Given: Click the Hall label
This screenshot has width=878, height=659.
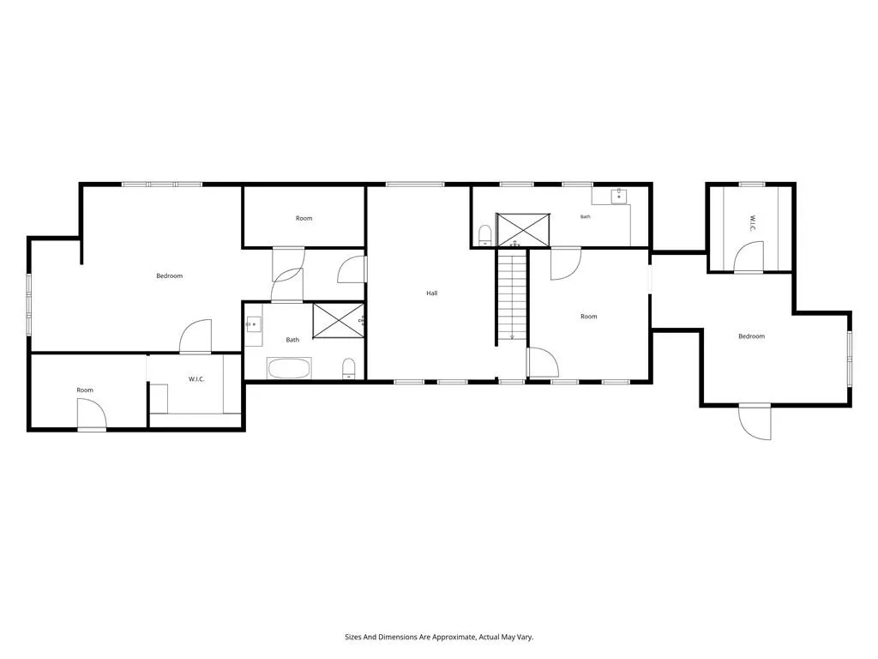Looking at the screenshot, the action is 432,293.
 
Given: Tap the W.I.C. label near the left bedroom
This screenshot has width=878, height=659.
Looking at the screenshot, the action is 196,379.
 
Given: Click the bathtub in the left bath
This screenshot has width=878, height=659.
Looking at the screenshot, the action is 289,369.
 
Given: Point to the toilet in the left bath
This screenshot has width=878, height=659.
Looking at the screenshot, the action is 349,368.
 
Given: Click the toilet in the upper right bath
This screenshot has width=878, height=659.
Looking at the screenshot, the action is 485,235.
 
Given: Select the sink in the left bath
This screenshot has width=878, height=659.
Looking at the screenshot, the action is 253,324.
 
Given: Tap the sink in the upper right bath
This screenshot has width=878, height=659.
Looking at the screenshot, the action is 619,196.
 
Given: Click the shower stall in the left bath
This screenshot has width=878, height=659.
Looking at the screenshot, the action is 338,321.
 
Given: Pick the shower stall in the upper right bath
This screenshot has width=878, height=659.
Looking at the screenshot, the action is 524,230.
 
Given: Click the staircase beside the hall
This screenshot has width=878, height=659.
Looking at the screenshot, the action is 513,295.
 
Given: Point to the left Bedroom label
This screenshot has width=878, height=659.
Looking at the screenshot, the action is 169,275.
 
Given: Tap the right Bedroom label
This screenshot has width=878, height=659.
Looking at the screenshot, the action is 751,336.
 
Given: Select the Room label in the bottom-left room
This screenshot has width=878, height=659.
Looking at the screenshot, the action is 85,390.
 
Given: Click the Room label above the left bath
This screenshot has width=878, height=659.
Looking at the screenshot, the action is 304,218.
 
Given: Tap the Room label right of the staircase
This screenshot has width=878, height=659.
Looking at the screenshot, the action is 589,317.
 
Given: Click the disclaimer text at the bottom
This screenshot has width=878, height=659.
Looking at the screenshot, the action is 439,638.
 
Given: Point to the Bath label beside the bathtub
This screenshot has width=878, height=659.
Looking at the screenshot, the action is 293,340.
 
